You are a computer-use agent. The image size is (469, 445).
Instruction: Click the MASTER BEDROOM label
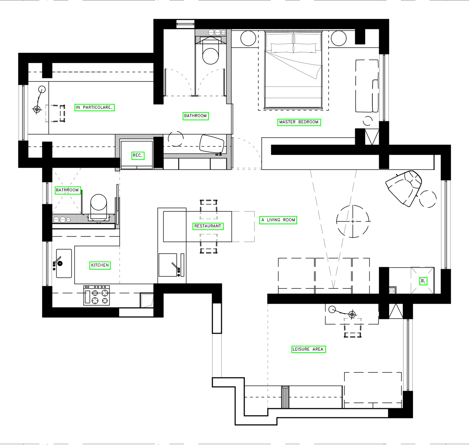click(299, 122)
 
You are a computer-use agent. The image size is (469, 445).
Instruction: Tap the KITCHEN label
click(100, 265)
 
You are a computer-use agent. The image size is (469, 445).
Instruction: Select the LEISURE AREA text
click(308, 349)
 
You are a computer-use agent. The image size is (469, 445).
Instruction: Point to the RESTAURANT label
click(208, 226)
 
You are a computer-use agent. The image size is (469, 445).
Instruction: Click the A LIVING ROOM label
click(278, 220)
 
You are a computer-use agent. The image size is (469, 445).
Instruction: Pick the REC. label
click(138, 155)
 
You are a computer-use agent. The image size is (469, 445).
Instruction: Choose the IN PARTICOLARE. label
click(95, 108)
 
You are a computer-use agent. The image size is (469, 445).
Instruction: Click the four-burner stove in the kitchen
click(97, 295)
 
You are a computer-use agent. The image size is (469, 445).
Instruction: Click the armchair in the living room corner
click(403, 188)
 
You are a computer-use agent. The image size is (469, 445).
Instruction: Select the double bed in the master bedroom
click(293, 70)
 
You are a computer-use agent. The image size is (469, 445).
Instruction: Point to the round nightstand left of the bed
click(248, 38)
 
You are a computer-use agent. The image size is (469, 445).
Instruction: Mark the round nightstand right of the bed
click(338, 38)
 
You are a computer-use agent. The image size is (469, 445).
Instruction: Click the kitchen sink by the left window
click(64, 263)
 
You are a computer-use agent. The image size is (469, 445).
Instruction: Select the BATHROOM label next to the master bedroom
click(196, 116)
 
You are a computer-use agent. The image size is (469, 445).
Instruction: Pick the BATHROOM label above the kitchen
click(68, 190)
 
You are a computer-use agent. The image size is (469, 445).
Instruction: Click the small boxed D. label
click(423, 281)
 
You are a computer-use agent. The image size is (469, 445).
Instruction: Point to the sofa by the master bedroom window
click(367, 86)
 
